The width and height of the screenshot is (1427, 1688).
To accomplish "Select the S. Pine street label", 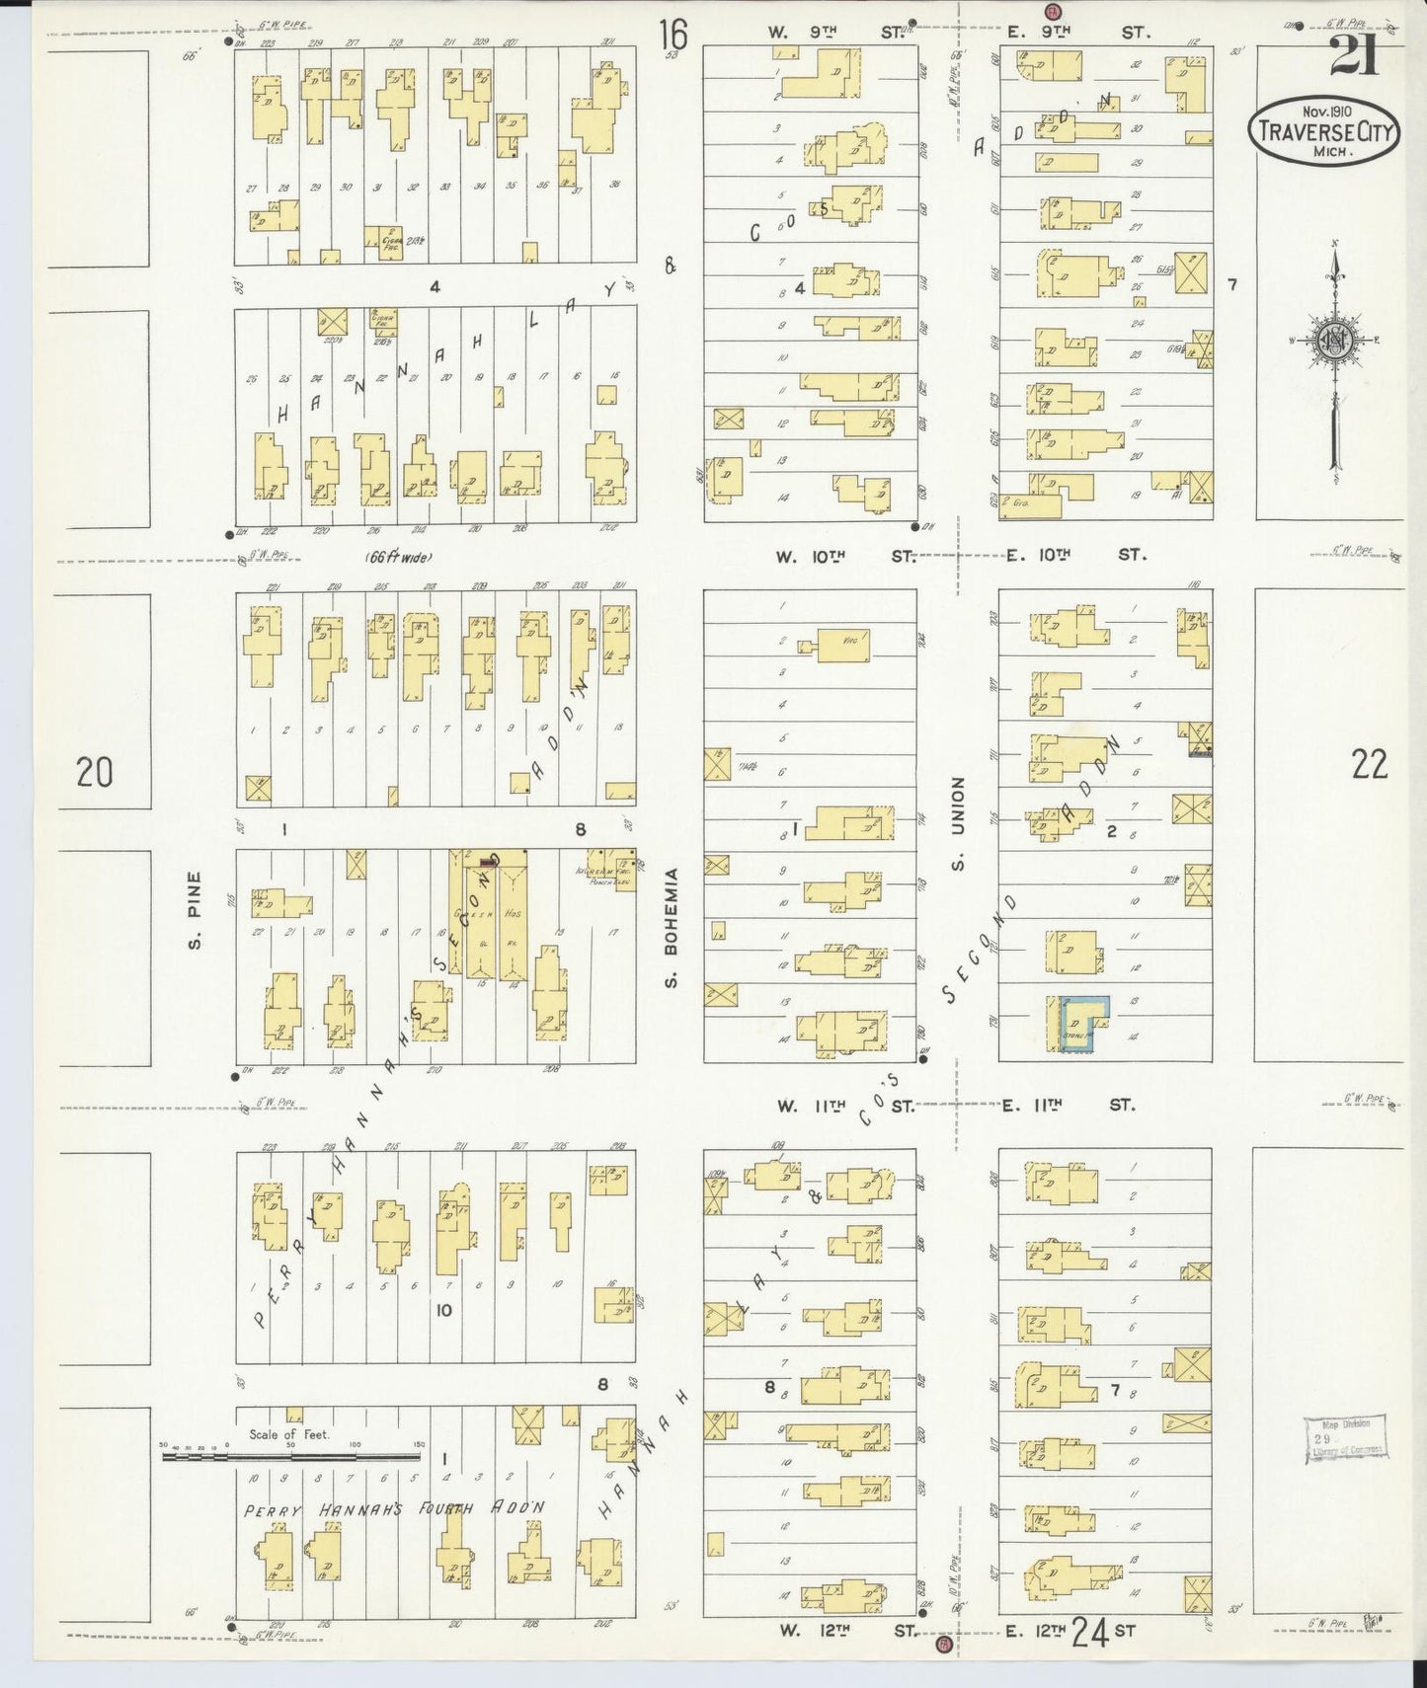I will pyautogui.click(x=195, y=910).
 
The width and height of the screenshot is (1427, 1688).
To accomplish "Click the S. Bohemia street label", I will pyautogui.click(x=671, y=928).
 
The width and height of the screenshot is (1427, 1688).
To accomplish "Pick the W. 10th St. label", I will pyautogui.click(x=845, y=557).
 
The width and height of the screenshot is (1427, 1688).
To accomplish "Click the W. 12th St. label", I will pyautogui.click(x=846, y=1632).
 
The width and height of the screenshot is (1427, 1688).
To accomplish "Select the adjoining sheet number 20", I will pyautogui.click(x=95, y=771).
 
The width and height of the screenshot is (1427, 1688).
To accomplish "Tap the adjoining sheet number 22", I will pyautogui.click(x=1369, y=764).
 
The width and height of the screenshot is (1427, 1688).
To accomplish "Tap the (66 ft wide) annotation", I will pyautogui.click(x=399, y=557).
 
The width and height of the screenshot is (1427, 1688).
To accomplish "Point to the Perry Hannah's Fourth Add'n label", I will pyautogui.click(x=395, y=1510).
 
